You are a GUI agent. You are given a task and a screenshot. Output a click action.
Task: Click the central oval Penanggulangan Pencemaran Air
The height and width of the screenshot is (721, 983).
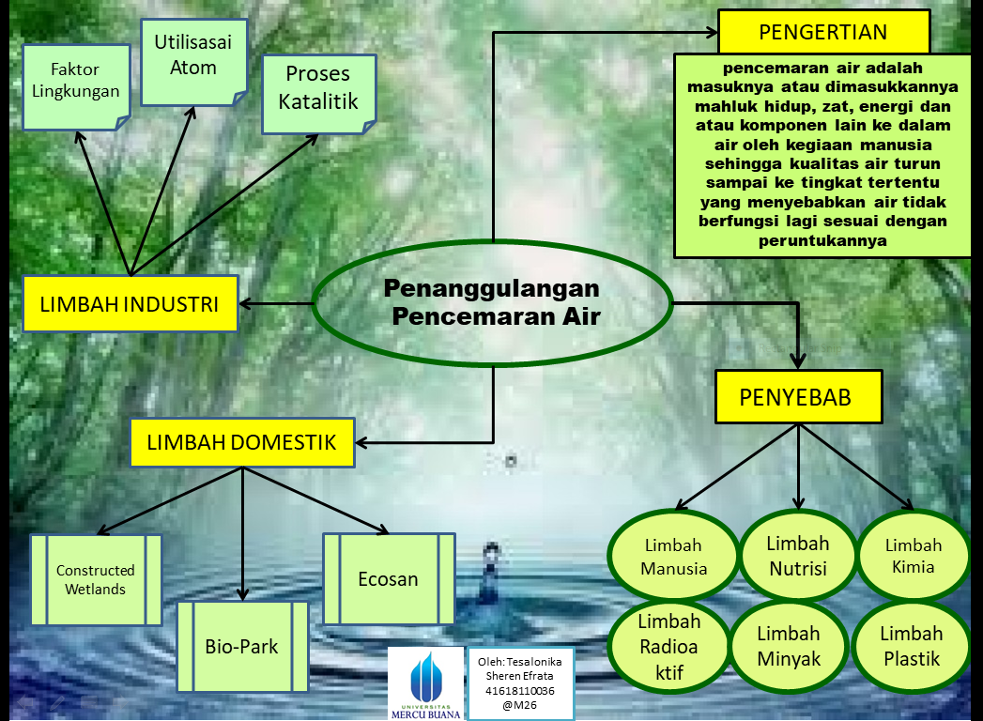coord(492,302)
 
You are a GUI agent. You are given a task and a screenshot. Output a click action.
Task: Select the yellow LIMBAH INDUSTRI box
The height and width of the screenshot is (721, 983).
coord(130,303)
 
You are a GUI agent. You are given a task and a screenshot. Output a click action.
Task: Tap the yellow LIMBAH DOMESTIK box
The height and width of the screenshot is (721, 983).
coord(242,442)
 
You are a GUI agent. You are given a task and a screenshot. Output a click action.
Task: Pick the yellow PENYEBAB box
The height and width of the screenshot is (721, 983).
coord(798,397)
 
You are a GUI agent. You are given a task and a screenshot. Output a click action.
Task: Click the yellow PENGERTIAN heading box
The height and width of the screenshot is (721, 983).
coord(823,33)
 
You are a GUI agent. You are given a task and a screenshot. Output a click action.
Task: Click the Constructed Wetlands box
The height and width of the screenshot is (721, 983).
coord(95,579)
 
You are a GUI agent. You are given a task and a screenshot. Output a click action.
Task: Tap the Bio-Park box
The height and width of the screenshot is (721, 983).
coord(242,646)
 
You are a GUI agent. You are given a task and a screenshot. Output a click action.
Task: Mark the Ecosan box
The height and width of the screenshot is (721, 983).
coord(389,578)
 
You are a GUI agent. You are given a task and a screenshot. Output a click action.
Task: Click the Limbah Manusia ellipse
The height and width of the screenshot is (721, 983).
coord(672,557)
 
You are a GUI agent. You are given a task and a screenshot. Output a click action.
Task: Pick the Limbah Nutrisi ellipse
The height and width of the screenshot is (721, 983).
coord(798,556)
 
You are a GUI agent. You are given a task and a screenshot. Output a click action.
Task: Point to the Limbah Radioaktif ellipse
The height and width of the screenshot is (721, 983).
coord(669,646)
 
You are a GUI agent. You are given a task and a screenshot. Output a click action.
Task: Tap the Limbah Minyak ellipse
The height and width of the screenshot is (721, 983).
coord(789,646)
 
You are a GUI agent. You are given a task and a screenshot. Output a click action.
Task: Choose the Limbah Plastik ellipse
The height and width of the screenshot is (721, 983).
coord(913,646)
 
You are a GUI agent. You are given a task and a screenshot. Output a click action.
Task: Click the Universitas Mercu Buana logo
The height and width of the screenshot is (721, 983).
coord(427,683)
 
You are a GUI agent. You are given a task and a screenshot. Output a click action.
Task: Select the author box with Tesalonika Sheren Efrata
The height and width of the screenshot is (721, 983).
coord(520,683)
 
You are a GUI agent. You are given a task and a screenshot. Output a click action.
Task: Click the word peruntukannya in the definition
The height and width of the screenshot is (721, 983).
coord(822,240)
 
